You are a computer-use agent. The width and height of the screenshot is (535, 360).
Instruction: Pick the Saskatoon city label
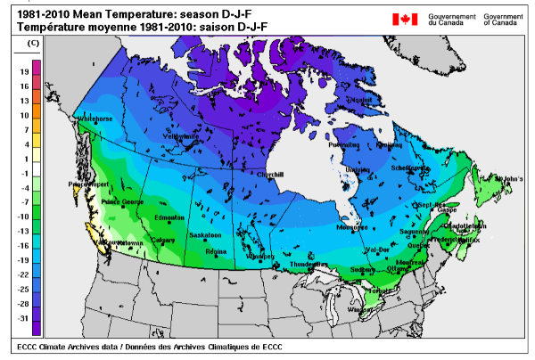click(x=205, y=235)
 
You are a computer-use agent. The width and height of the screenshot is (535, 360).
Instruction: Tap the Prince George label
click(x=121, y=202)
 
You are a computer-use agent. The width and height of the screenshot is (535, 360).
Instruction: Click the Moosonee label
click(x=352, y=227)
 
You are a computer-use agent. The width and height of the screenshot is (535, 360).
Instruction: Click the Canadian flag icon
click(x=405, y=19)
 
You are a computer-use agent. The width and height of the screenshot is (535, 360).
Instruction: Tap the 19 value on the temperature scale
click(x=25, y=71)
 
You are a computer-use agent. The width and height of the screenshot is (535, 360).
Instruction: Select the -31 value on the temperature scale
click(x=24, y=318)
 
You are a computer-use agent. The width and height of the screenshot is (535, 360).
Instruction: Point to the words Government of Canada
click(x=503, y=20)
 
